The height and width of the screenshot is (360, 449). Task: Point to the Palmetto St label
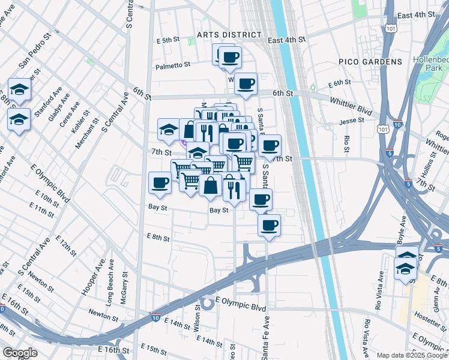(x=173, y=65)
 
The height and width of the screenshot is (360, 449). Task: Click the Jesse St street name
(x=352, y=120)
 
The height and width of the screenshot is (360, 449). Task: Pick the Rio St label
(x=347, y=143)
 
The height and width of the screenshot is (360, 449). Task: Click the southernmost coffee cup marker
(x=269, y=225)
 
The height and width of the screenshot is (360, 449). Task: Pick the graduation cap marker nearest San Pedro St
(x=19, y=89)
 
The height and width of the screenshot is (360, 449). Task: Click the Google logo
(x=20, y=353)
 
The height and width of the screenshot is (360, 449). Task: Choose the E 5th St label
(x=168, y=40)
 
